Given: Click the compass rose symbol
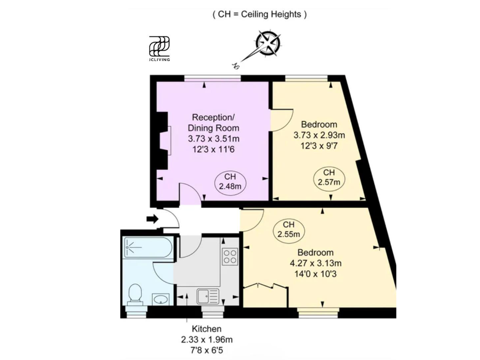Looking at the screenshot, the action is (x=269, y=43).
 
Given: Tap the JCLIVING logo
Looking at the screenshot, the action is (x=159, y=48).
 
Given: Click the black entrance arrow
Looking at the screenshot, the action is (x=152, y=219).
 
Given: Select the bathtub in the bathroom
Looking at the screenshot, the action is (x=148, y=248).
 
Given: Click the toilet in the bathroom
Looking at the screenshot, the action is (x=135, y=294).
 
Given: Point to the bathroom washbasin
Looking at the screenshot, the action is (x=161, y=299).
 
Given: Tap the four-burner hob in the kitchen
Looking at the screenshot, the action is (x=230, y=257).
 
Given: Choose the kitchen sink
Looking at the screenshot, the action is (x=208, y=296).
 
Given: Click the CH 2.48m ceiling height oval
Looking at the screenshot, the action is (x=230, y=181).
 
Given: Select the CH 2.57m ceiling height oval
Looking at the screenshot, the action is (x=329, y=178).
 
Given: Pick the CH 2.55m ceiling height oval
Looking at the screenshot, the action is (x=288, y=230).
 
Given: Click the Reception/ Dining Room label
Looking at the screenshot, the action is (x=213, y=123).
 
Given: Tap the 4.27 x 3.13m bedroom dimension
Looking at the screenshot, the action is (x=316, y=263).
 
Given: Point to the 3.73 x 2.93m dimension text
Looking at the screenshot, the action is (x=319, y=135).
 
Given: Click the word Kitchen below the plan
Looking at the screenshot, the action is (x=207, y=329).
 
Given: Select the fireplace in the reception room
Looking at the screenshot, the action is (x=164, y=140).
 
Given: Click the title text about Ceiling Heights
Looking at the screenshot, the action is (x=259, y=14).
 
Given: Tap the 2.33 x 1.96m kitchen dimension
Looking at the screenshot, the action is (x=207, y=340).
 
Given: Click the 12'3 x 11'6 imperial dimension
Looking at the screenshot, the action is (x=213, y=150).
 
